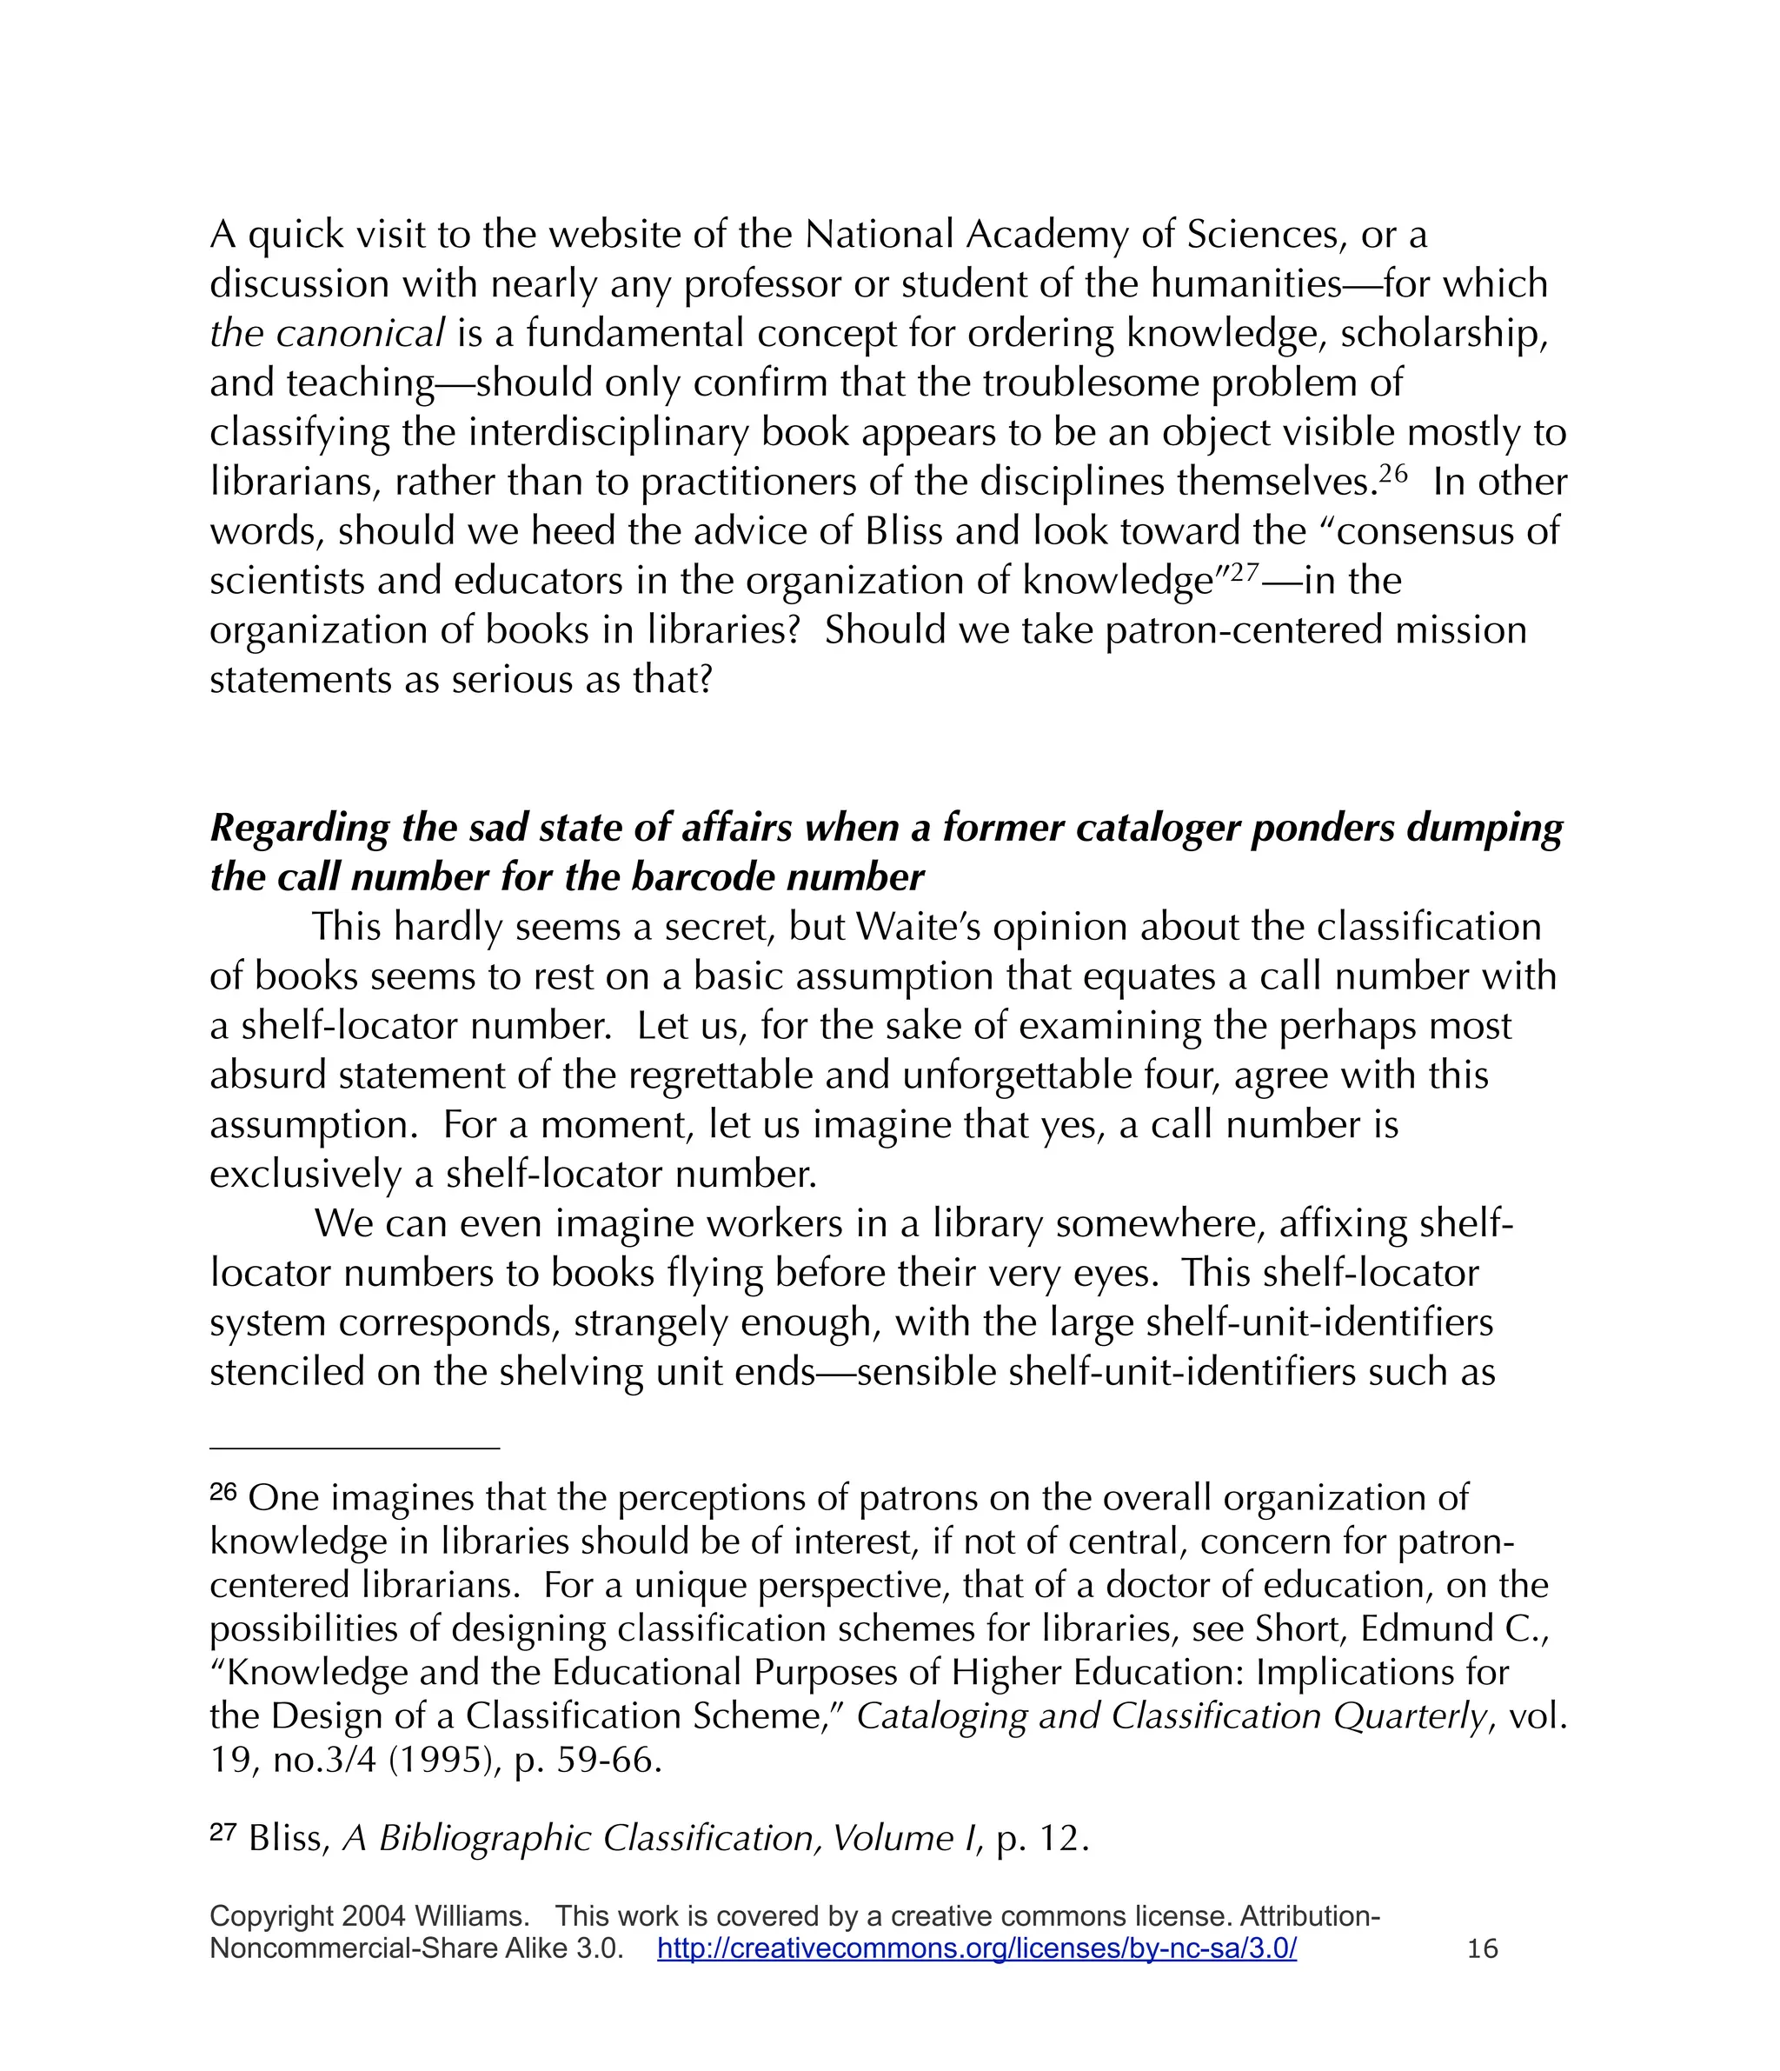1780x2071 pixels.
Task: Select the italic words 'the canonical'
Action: point(326,333)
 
